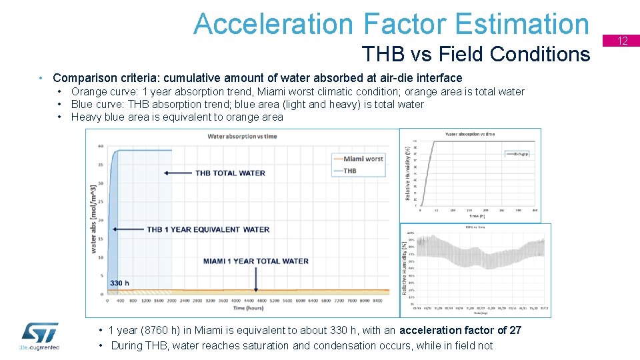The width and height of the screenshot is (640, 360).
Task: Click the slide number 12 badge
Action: (x=623, y=41)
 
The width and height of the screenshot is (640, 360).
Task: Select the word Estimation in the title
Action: (x=523, y=24)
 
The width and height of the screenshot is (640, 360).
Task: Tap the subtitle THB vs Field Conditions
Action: (x=475, y=53)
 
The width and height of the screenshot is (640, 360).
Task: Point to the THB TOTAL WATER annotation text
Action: (x=230, y=173)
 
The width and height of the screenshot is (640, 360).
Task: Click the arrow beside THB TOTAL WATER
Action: (x=175, y=173)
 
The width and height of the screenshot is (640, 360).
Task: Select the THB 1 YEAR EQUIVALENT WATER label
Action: (x=208, y=229)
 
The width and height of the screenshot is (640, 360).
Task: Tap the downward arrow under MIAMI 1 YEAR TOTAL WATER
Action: (x=256, y=280)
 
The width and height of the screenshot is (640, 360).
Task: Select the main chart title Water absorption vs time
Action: (x=242, y=137)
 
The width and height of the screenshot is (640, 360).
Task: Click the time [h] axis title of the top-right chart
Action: (x=476, y=217)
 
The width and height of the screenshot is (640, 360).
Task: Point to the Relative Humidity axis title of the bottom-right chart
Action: (x=404, y=269)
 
